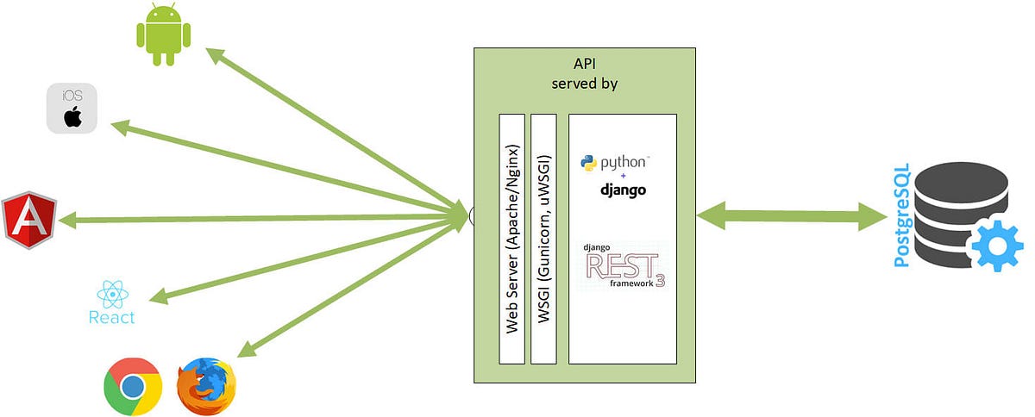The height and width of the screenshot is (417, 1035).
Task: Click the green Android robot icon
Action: coord(163,34)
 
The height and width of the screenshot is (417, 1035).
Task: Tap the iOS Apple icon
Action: coord(72,109)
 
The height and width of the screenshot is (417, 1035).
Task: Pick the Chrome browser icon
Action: coord(132,387)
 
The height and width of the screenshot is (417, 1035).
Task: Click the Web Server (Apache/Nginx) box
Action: coord(512,238)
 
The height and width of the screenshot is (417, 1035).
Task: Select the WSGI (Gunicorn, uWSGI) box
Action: coord(544,238)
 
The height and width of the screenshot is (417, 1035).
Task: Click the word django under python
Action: coord(623,190)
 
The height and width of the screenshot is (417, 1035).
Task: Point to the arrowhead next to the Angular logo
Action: coord(69,221)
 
